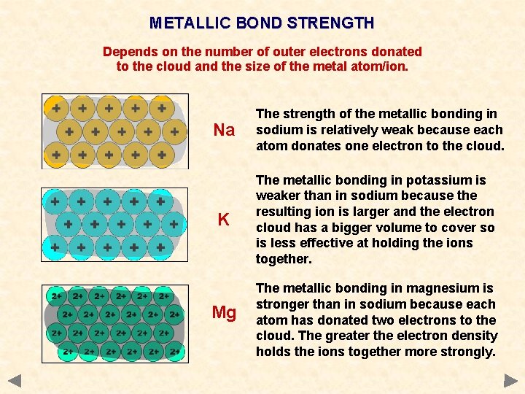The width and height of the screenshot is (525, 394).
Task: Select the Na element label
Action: point(224,131)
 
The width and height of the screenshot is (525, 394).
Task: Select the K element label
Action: point(224,220)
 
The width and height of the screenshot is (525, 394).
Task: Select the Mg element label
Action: point(224,313)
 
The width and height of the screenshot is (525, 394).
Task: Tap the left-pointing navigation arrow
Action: point(15,380)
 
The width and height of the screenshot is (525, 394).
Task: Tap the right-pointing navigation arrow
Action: point(510,380)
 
